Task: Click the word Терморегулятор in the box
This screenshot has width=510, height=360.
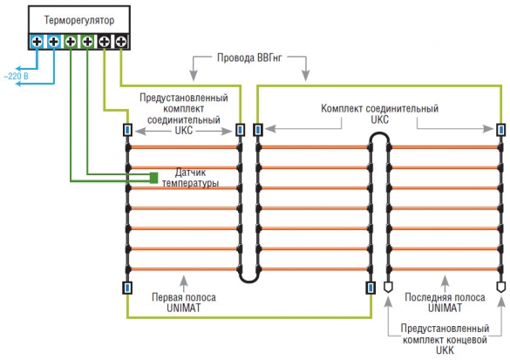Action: pos(79,21)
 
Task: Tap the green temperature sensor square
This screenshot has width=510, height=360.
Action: pos(153,178)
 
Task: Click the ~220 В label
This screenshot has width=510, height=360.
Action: pos(16,77)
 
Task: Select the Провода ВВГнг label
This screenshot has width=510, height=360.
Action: pos(249,58)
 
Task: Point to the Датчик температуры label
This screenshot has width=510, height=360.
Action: pos(190,177)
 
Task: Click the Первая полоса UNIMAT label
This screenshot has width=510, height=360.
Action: pos(184,302)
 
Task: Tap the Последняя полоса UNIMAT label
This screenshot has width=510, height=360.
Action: pos(445,302)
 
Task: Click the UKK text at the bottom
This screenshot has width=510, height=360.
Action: pos(445,350)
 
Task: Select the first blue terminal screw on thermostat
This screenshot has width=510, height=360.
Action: pos(37,42)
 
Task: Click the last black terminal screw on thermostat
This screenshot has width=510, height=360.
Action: pos(121,42)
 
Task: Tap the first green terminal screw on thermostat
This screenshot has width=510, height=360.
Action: pos(71,42)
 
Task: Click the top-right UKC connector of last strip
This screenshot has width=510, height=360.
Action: pos(501,130)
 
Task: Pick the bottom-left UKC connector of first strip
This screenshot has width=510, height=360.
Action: pos(127,288)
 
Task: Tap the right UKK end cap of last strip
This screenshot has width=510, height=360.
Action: pos(501,287)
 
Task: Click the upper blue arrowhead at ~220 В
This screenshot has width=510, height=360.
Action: pos(19,69)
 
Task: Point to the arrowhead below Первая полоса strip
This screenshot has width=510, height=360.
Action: pos(184,280)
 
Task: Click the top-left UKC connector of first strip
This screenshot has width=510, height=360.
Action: pos(127,130)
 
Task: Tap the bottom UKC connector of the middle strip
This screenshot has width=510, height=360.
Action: pos(371,288)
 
